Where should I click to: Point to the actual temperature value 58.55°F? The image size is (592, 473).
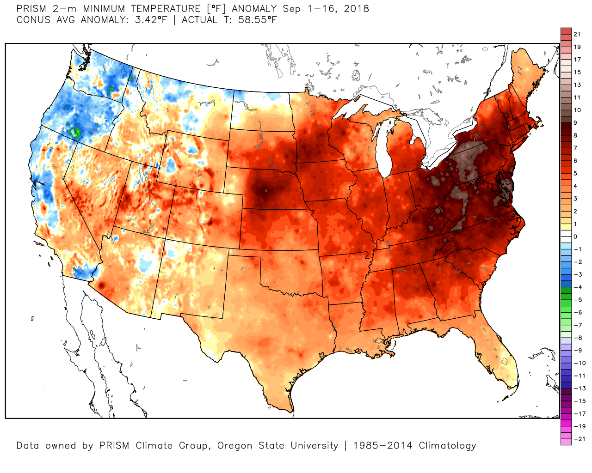(258, 20)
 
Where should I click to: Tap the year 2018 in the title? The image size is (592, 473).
(356, 8)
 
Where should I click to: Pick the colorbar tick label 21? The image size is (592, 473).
(577, 34)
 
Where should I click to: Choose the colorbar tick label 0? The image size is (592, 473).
(575, 236)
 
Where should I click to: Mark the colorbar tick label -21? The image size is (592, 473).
(579, 439)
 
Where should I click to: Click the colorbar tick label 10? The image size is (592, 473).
(577, 110)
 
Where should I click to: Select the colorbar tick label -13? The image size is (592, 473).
(579, 388)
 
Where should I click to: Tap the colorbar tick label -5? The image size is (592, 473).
(578, 300)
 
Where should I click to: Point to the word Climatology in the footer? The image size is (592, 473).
(447, 446)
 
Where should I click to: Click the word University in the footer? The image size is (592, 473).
(314, 446)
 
